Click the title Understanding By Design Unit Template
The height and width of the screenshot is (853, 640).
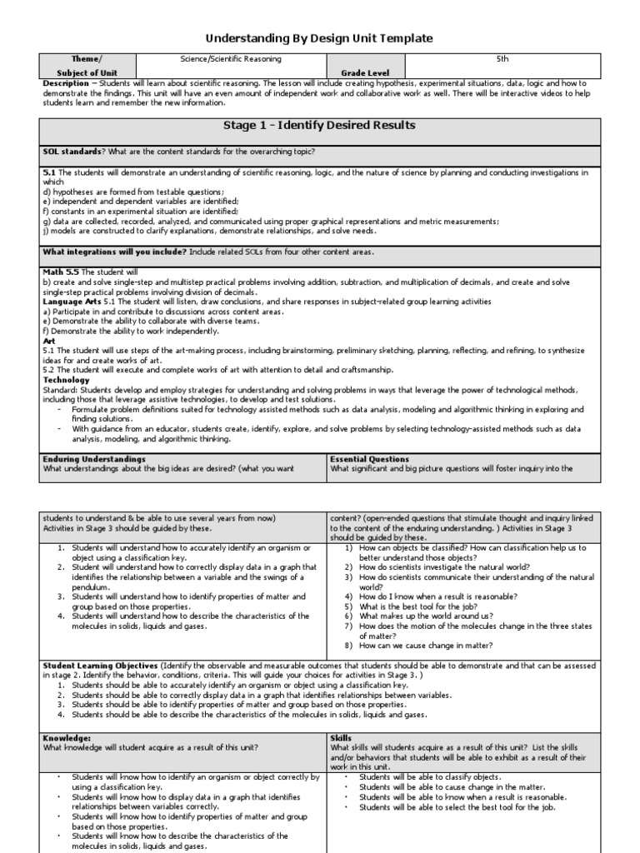[320, 38]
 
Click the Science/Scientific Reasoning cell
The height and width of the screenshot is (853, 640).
[231, 59]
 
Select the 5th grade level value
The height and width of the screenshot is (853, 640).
[501, 59]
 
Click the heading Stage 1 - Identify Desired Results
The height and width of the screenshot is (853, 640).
[319, 126]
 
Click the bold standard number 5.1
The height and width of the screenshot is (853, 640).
[48, 172]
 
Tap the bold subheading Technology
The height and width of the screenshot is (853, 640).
[66, 379]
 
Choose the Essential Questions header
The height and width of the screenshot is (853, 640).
[369, 459]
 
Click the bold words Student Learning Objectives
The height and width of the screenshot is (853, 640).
[100, 666]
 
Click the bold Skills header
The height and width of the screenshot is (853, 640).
[342, 738]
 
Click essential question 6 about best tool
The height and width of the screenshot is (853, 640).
[424, 606]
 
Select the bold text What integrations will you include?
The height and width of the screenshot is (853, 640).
[114, 252]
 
